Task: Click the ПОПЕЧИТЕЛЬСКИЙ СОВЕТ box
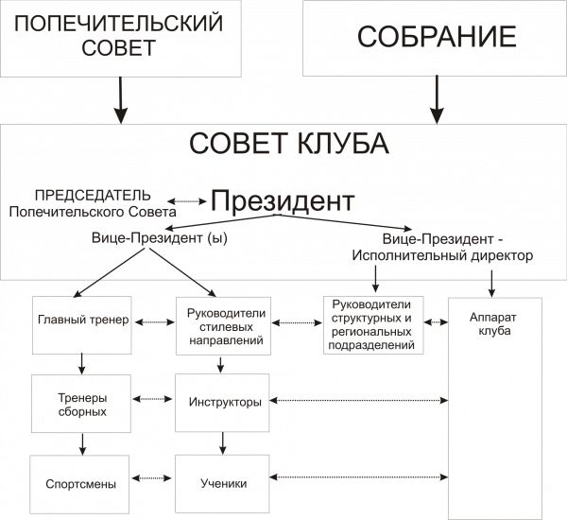pos(121,39)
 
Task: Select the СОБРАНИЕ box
pos(435,38)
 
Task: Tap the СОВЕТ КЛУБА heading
pos(289,144)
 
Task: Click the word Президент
pos(283,200)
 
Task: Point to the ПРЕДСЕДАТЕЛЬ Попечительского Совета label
pos(93,203)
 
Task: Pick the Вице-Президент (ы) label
pos(160,238)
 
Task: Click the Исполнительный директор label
pos(442,255)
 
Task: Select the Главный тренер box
pos(82,325)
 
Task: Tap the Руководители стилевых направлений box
pos(223,325)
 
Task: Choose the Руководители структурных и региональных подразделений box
pos(373,325)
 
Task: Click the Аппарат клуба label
pos(494,324)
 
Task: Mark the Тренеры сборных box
pos(81,404)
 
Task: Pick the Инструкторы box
pos(222,403)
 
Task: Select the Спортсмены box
pos(79,484)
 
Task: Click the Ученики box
pos(222,484)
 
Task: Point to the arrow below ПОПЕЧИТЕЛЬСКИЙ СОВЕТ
pos(120,100)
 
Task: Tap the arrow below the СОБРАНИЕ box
pos(437,100)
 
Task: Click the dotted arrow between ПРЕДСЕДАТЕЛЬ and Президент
pos(186,201)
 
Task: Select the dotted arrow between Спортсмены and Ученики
pos(151,478)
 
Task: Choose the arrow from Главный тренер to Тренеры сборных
pos(82,364)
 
